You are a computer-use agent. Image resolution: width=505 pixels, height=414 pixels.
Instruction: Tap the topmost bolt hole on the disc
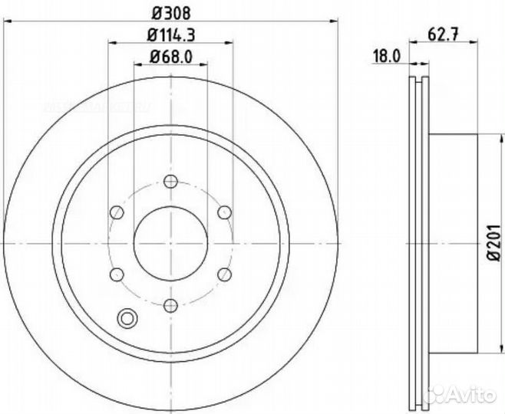[170, 182]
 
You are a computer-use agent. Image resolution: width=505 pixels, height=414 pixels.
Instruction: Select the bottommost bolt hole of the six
[170, 304]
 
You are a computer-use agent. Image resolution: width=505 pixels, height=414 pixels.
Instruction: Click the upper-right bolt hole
[223, 212]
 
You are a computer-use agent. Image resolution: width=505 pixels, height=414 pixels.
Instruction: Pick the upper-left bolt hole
[117, 212]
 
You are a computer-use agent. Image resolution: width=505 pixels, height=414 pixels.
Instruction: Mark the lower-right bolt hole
[223, 274]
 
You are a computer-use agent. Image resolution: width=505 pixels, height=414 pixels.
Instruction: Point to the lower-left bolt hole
[117, 274]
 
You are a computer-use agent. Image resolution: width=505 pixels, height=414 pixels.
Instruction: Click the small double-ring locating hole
[126, 317]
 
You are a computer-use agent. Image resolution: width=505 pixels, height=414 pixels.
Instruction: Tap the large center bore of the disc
[170, 243]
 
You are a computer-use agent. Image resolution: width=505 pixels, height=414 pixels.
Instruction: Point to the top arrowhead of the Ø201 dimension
[483, 138]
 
